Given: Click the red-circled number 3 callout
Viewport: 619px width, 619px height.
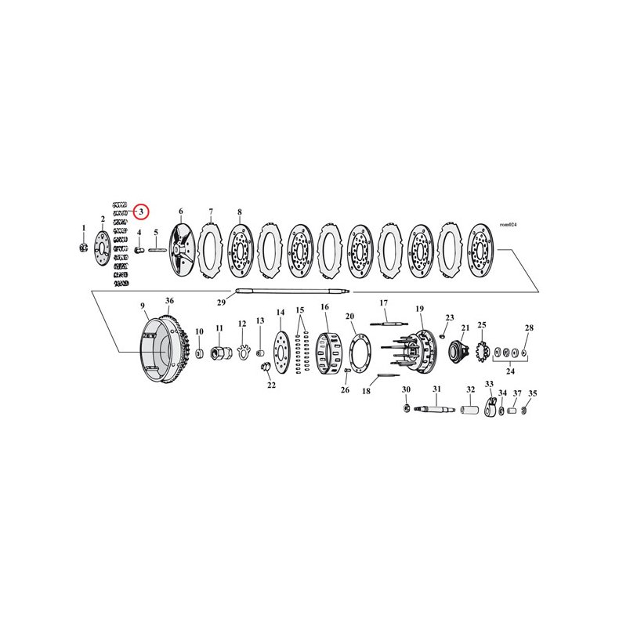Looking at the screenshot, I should click(140, 212).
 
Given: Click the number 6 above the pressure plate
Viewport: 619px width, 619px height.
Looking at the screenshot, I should click(180, 212).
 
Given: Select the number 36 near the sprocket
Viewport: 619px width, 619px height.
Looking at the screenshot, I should click(169, 300).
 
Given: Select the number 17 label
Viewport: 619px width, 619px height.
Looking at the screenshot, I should click(384, 302).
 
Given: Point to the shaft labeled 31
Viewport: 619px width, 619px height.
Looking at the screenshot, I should click(437, 409).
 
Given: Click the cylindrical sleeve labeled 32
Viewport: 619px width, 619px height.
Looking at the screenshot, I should click(472, 410).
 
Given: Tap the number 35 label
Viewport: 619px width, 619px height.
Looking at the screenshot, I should click(533, 393).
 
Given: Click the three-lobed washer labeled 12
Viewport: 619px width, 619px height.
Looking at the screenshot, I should click(243, 349).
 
